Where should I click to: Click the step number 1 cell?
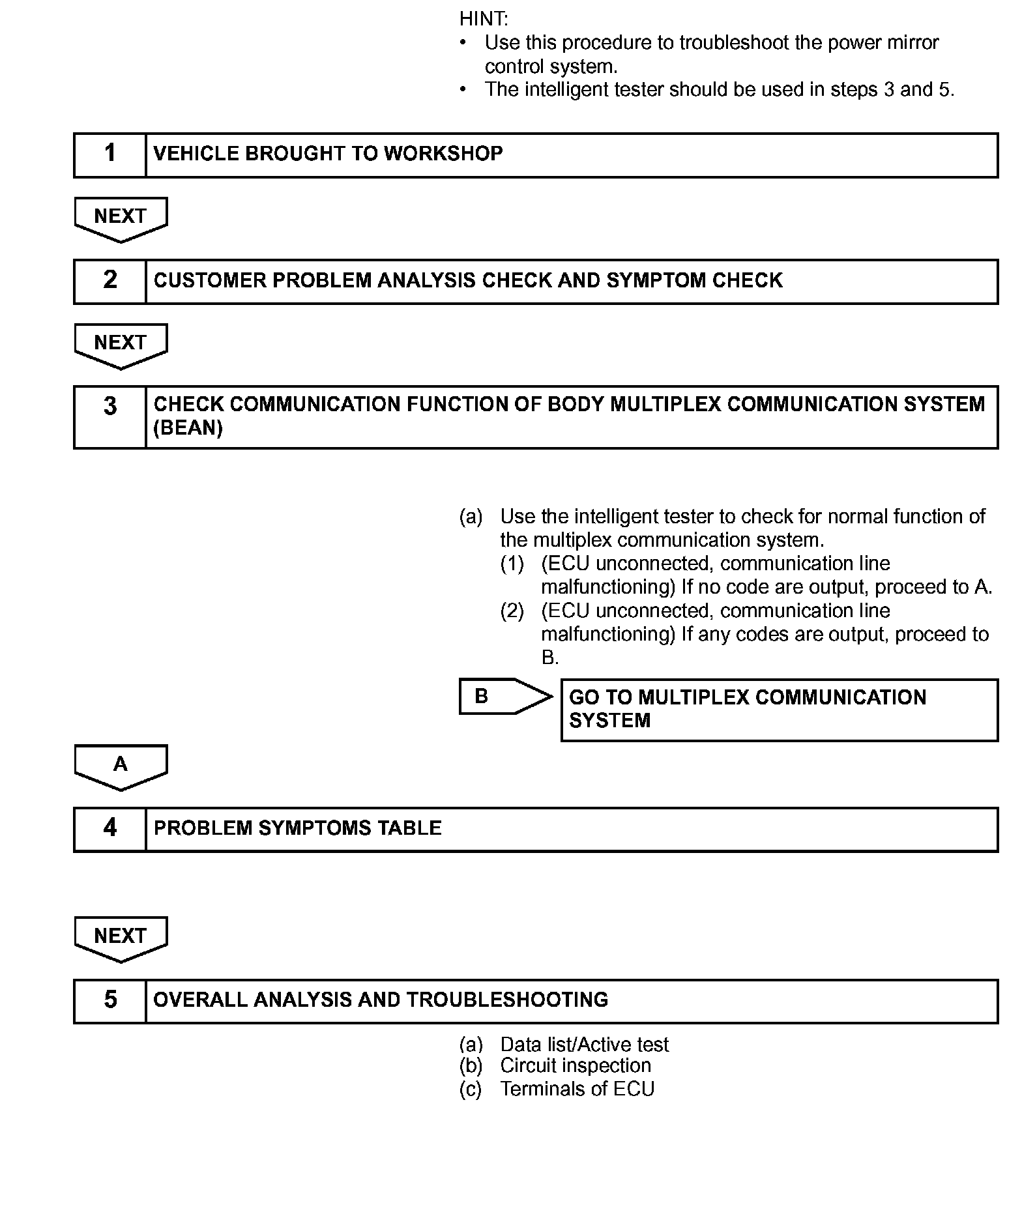coord(109,154)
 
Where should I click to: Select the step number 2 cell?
coord(109,281)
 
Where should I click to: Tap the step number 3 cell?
coord(109,416)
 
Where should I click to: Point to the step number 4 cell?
coord(109,829)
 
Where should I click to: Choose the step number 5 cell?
coord(109,1000)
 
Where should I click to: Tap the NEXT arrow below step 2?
coord(121,345)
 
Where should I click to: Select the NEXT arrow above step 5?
coord(121,938)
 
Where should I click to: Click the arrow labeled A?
coord(121,766)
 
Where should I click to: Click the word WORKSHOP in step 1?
coord(443,154)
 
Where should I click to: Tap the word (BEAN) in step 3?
coord(188,428)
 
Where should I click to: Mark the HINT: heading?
coord(483,19)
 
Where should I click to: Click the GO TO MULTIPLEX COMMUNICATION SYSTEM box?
coord(779,710)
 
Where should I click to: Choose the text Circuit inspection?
coord(575,1065)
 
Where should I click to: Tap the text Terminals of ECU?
coord(577,1089)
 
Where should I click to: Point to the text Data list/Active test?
coord(584,1045)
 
